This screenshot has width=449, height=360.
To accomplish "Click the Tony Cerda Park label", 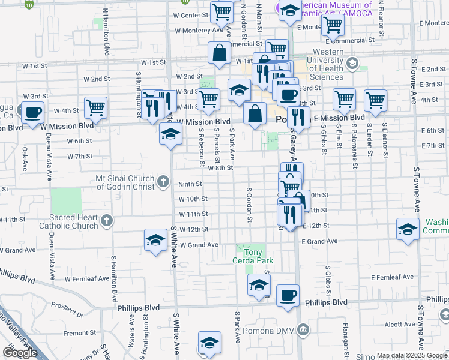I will pos(253,256).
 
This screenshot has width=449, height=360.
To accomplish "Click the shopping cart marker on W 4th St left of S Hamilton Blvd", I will pos(96,107).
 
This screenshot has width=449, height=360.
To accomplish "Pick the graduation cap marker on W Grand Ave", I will pos(155,241).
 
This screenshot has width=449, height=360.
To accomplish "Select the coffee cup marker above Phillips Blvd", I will pos(288,295).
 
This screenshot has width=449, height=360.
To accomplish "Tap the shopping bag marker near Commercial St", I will pos(219,52).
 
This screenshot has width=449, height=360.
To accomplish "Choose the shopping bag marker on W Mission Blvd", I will pos(255,112).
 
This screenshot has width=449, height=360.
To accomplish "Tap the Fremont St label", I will pos(76,332).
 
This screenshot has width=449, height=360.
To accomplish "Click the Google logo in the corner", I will pos(20,353).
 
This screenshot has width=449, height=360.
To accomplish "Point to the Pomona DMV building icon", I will pos(303,330).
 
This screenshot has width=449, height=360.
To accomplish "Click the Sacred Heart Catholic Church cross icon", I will pos(107,221).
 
